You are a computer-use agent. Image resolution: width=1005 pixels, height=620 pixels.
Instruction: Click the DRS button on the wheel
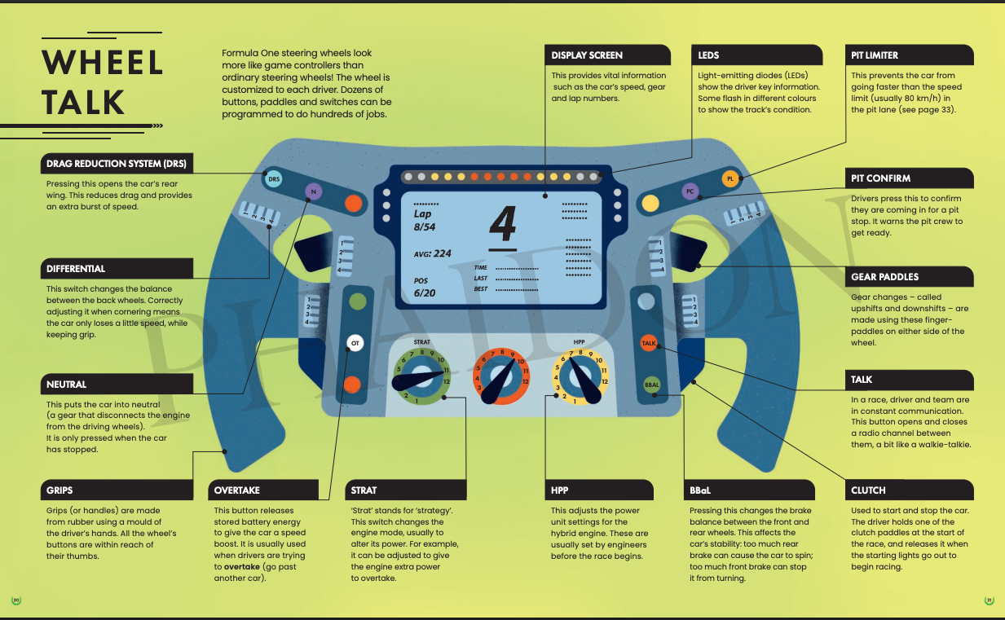(274, 178)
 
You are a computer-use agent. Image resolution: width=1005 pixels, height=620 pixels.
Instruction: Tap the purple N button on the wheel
(314, 192)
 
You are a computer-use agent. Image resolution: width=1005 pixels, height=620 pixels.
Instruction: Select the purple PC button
(690, 192)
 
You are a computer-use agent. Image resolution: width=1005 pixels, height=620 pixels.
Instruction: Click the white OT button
(355, 344)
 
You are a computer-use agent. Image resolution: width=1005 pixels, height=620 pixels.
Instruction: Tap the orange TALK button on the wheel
(649, 344)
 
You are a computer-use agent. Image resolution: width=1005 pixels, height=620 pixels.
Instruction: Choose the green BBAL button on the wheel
(651, 385)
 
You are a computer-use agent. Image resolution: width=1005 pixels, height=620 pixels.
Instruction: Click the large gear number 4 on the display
(502, 226)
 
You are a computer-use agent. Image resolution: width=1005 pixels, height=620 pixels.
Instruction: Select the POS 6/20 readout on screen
(425, 287)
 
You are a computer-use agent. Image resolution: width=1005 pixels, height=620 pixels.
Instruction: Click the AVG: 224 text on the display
(433, 253)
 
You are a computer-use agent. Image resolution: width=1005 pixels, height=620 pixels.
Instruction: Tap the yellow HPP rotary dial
(580, 376)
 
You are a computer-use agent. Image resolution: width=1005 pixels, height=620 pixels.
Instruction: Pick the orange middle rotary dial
(501, 376)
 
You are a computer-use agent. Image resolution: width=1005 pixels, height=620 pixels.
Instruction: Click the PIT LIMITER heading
(875, 55)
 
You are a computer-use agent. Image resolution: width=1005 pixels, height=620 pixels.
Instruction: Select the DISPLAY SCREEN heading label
(587, 55)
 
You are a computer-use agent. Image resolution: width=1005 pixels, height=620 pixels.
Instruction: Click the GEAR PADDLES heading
(884, 276)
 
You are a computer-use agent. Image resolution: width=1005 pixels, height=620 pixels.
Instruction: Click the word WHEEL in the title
(103, 63)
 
